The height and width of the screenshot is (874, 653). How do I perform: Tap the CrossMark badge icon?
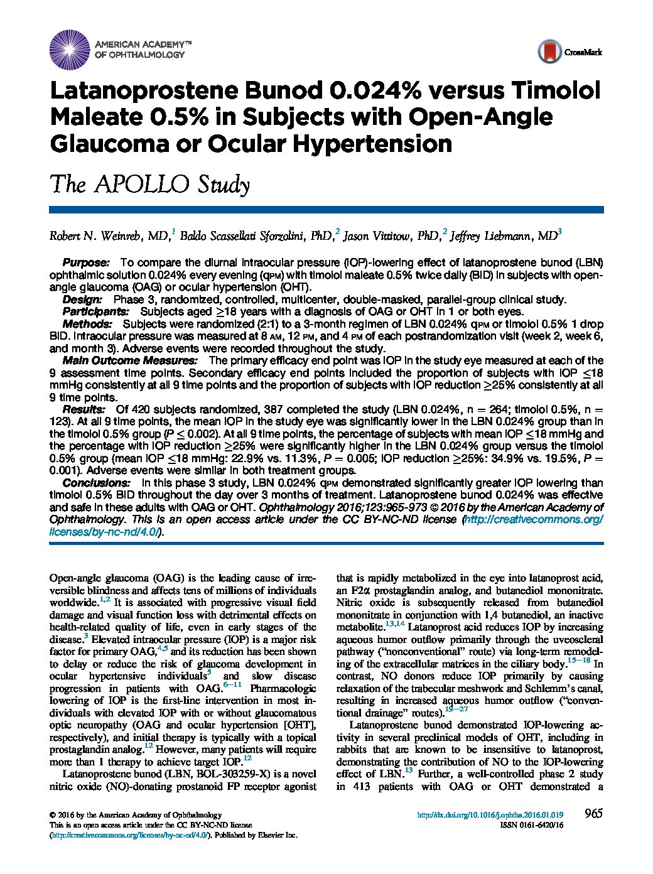click(x=549, y=52)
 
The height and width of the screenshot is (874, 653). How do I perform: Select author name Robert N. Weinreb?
click(x=108, y=236)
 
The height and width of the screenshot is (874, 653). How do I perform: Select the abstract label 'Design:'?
click(x=85, y=299)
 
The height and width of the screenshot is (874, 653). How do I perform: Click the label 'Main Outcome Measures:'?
click(x=129, y=360)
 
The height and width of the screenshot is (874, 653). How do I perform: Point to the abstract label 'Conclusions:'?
click(x=96, y=483)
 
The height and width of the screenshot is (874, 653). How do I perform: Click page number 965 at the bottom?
click(x=593, y=814)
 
